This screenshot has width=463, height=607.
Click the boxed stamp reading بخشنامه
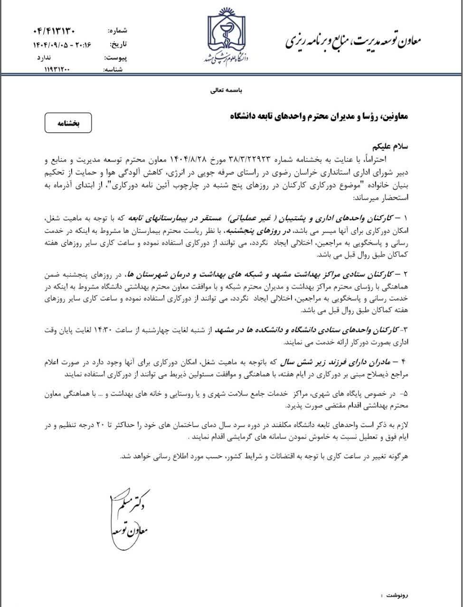(x=67, y=123)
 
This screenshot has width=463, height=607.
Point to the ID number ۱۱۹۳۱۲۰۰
(x=57, y=69)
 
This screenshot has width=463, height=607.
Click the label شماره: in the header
(x=118, y=32)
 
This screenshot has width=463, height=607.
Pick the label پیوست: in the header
(x=116, y=57)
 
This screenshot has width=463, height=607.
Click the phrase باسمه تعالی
(x=227, y=90)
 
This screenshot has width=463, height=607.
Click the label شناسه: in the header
(x=116, y=70)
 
